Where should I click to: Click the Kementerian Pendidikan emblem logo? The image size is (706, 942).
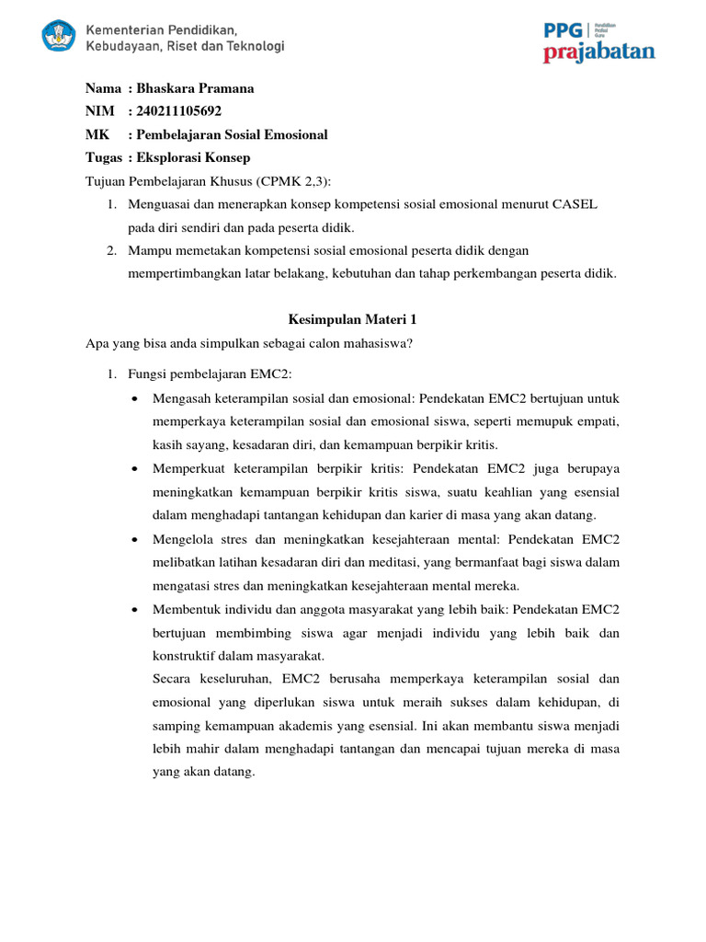tap(59, 37)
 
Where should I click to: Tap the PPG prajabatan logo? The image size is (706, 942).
tap(598, 42)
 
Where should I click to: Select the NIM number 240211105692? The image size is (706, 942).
tap(179, 111)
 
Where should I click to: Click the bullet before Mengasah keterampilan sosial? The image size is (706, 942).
tap(135, 399)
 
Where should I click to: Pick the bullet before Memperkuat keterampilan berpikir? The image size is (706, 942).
tap(135, 469)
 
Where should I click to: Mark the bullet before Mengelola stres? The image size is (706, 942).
tap(135, 539)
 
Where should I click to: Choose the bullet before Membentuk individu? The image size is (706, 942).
tap(135, 609)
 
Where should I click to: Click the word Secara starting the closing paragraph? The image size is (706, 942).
tap(173, 679)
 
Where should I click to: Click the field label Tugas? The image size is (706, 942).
tap(104, 157)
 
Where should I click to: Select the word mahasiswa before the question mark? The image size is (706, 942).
tap(372, 344)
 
